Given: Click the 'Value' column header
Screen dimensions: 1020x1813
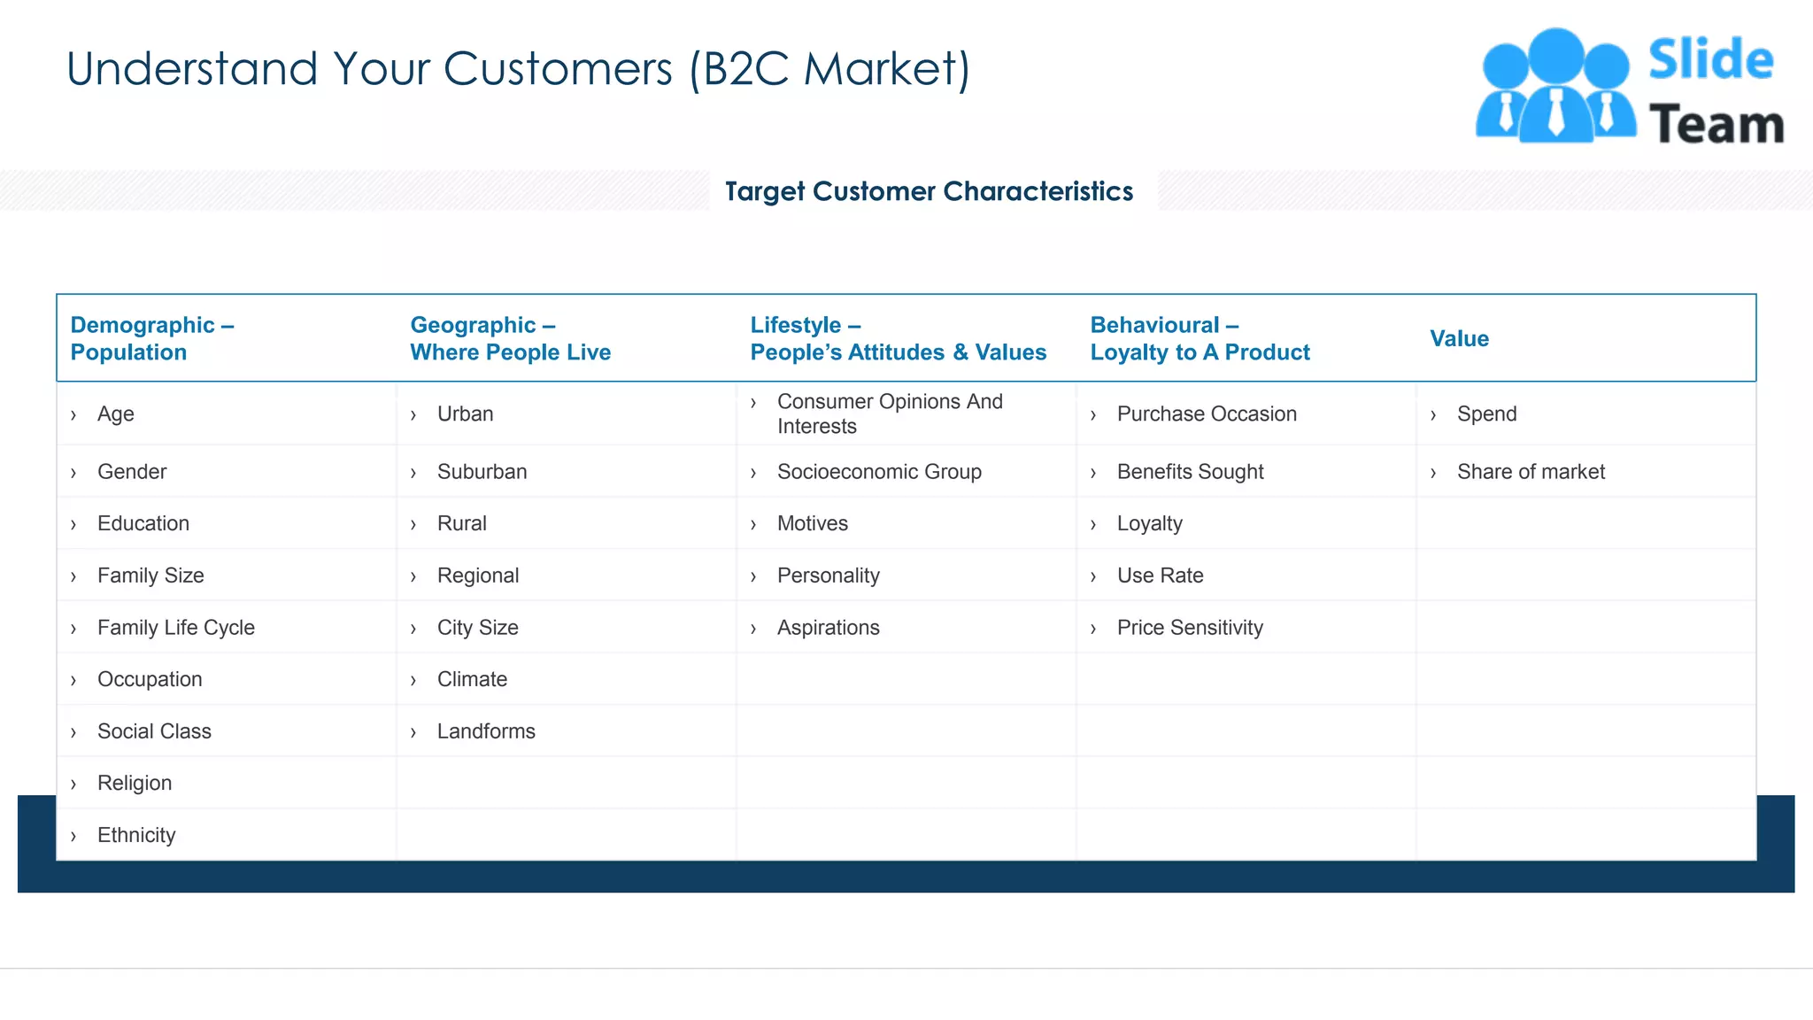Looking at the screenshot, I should [x=1459, y=338].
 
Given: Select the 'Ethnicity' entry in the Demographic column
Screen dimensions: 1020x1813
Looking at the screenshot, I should [x=136, y=835].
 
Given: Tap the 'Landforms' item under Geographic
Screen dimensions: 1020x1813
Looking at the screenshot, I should [x=486, y=731].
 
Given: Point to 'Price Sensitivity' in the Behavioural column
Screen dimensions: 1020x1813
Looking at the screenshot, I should [x=1190, y=628].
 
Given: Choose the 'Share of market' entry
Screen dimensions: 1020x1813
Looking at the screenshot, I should [x=1531, y=472].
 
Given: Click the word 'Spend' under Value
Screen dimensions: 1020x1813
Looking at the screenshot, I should [x=1486, y=413].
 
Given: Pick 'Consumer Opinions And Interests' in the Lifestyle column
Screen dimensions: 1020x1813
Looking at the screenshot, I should [x=890, y=413].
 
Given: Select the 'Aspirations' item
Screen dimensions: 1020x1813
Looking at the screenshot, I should [x=828, y=628].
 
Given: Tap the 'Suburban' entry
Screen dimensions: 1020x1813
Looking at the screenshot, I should [x=482, y=472].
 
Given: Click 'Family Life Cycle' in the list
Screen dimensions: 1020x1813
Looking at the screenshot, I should [x=175, y=628].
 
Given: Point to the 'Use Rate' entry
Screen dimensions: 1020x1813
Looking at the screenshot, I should [x=1160, y=576].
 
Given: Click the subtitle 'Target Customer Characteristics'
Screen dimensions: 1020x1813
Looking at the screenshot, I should [x=929, y=191].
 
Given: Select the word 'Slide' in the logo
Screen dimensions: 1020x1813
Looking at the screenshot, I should [x=1710, y=60].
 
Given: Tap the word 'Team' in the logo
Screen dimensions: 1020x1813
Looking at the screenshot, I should [x=1716, y=125].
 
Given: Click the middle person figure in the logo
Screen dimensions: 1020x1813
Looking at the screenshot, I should [x=1555, y=89].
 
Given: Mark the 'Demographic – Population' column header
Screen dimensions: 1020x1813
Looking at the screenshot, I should [x=151, y=338].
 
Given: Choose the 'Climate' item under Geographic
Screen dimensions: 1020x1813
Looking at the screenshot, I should [x=472, y=679].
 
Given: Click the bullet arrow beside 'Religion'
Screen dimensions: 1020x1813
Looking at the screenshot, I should [x=73, y=784].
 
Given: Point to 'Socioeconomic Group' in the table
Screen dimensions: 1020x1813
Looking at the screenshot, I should [x=879, y=472].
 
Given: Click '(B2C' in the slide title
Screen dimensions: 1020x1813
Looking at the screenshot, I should [x=738, y=69].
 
